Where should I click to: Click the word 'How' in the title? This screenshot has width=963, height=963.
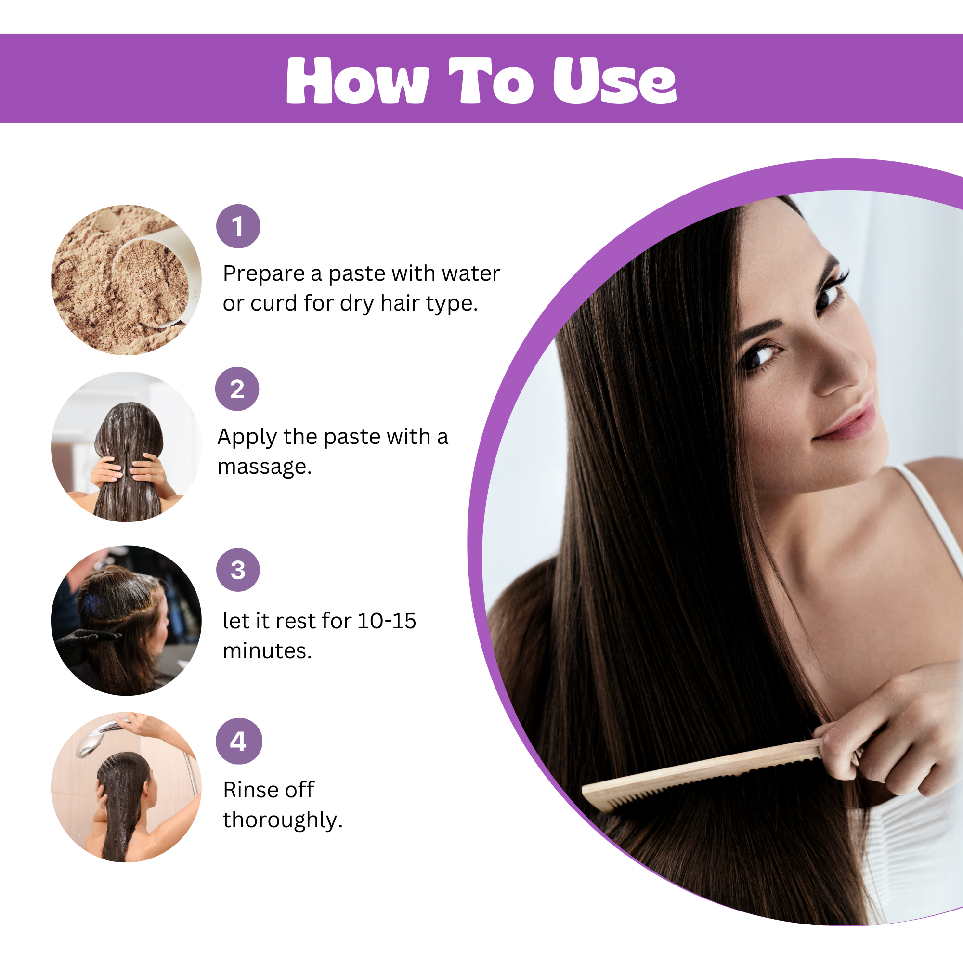click(x=357, y=80)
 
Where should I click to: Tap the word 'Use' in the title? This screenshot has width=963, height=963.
click(x=614, y=80)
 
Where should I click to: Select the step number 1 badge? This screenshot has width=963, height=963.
click(x=238, y=226)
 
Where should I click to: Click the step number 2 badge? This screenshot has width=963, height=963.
click(x=237, y=389)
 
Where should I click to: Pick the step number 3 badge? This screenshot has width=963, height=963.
click(x=238, y=570)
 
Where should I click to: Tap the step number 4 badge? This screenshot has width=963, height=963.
click(x=239, y=741)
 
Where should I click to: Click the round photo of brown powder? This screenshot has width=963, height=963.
click(x=126, y=280)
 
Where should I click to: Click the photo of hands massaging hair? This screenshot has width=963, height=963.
click(x=126, y=447)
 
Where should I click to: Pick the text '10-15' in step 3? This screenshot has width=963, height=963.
click(x=386, y=621)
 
